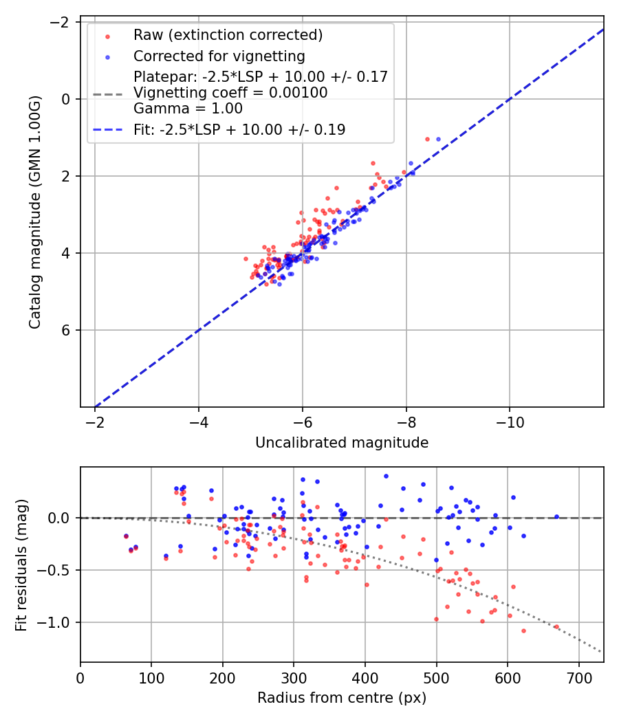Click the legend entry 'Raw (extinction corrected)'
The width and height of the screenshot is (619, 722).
228,35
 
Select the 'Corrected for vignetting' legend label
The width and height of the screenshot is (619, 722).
219,56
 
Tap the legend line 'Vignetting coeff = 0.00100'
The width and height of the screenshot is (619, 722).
230,93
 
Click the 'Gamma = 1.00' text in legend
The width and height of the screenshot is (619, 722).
188,109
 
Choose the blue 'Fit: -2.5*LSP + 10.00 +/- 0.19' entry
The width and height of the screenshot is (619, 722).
239,129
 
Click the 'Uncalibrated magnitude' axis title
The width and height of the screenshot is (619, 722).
342,443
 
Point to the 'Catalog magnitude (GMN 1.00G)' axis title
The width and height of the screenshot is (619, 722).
35,212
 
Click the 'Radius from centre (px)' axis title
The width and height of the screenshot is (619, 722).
342,698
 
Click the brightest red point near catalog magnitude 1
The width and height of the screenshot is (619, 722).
427,139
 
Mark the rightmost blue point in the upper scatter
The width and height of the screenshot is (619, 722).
438,139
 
